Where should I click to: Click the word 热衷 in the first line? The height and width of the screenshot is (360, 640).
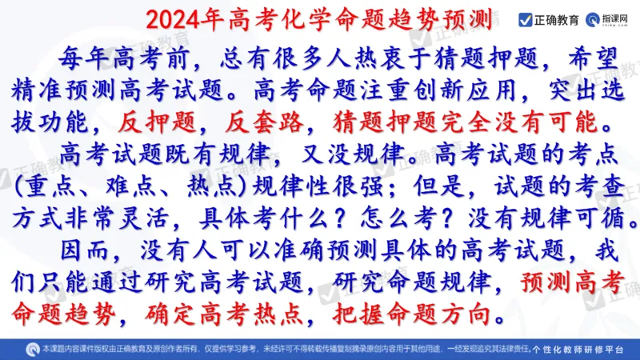coord(351,56)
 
